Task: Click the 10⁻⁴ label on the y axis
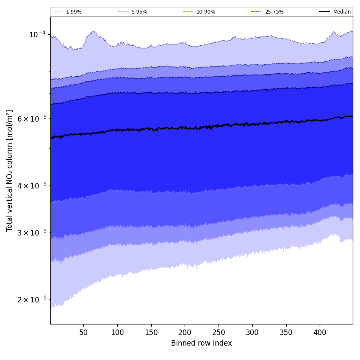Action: click(x=37, y=34)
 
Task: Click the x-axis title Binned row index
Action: click(x=202, y=343)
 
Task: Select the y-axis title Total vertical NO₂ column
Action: click(x=10, y=170)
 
